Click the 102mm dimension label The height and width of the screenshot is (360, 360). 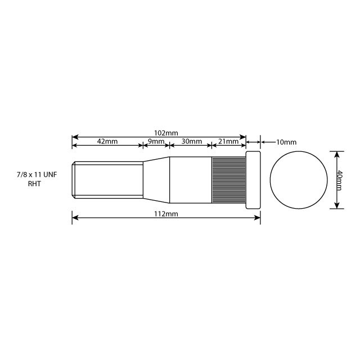[166, 133]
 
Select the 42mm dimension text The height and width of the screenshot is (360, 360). [107, 141]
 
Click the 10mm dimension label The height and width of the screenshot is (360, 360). [286, 142]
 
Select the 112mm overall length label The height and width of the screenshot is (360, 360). [166, 214]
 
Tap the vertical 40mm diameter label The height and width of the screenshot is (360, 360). [340, 179]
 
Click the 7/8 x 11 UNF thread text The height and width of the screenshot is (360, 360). [37, 175]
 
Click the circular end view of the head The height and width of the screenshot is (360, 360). [298, 179]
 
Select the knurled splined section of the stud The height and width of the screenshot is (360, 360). [228, 179]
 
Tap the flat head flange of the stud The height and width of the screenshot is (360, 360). [253, 179]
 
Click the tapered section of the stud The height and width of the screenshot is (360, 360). [156, 179]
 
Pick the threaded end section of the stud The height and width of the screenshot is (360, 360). [107, 179]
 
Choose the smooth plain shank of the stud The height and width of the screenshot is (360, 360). [191, 179]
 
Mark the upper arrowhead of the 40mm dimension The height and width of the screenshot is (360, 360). [336, 153]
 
